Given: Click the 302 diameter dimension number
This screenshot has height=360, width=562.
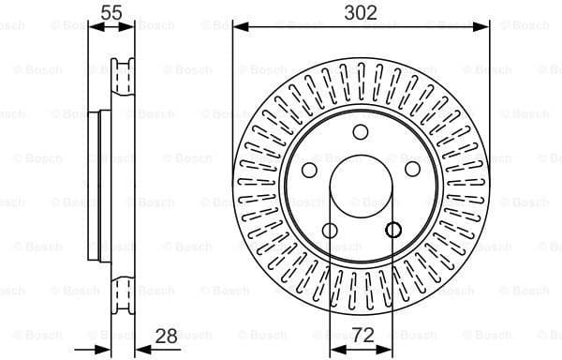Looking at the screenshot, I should tap(361, 13).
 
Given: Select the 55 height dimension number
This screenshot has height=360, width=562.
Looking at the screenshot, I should tap(112, 13).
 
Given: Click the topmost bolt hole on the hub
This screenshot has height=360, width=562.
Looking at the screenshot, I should tap(361, 131).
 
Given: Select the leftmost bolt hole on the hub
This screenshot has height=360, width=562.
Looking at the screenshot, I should tap(309, 170).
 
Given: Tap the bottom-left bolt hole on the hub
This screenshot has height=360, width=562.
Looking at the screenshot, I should tap(329, 231).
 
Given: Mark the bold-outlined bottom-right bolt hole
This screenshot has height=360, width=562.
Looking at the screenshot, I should tap(392, 231).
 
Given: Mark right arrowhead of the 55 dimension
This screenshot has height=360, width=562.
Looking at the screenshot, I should tap(132, 26).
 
